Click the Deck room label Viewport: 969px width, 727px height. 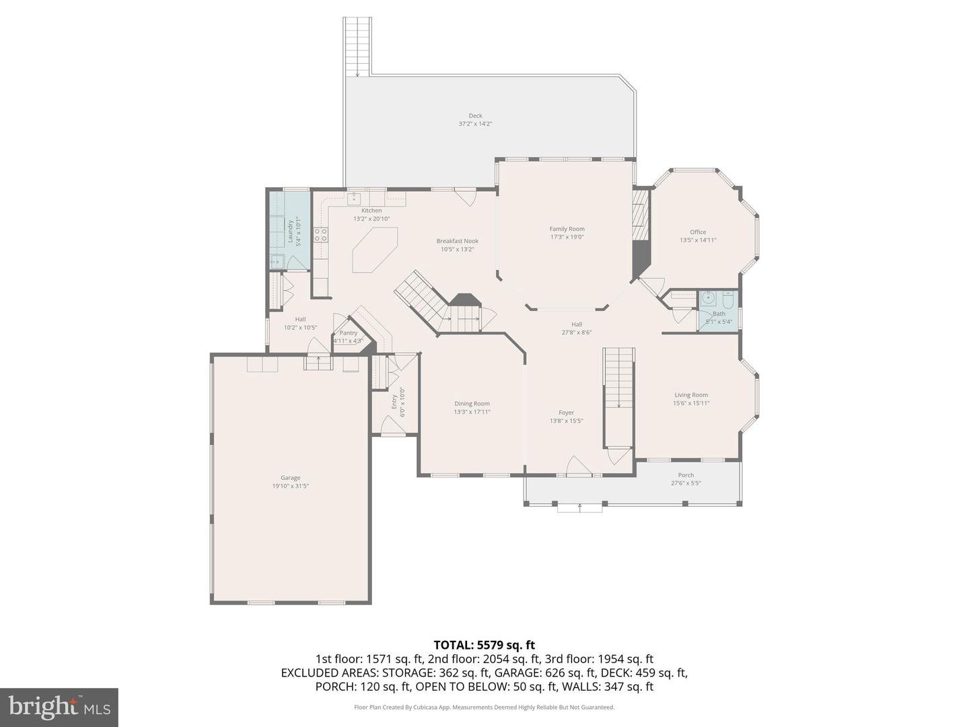point(475,116)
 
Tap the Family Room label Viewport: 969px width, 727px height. point(567,229)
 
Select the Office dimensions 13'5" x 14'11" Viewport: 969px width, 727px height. point(698,240)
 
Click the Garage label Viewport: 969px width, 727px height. point(290,478)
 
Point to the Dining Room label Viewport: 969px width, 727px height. point(472,404)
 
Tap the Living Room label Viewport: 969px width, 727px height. point(691,395)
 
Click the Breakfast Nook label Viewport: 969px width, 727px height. point(457,241)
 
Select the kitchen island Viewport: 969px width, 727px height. point(375,250)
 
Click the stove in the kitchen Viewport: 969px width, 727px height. point(321,234)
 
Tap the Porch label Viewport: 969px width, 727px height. point(686,475)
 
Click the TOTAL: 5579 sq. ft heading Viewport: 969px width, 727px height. point(484,646)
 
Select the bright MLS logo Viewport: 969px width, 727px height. point(59,707)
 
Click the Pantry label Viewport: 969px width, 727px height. point(349,333)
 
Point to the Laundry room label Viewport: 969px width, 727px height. point(291,231)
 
